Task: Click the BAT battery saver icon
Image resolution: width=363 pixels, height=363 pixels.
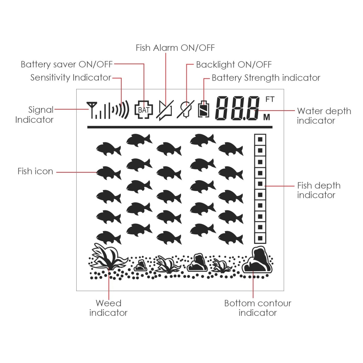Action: point(144,110)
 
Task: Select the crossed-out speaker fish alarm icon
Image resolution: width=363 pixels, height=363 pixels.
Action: point(166,110)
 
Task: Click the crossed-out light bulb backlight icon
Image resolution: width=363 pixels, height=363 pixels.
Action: point(186,110)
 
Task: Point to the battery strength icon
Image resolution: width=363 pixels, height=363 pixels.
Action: point(204,110)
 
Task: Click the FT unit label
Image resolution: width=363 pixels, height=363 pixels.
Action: point(270,99)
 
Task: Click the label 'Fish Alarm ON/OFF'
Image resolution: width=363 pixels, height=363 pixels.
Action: point(175,48)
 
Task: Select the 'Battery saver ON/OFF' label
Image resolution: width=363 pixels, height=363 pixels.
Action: point(67,65)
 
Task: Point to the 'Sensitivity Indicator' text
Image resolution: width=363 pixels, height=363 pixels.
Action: point(71,78)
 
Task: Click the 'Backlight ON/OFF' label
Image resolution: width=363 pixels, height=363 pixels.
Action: point(234,65)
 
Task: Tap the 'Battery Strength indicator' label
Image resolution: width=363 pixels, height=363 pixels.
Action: point(266,78)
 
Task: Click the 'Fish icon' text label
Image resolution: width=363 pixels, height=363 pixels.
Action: point(35,172)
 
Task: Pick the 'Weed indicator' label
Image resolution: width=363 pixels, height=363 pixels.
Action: point(108,308)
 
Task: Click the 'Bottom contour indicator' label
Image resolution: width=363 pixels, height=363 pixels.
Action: point(258,308)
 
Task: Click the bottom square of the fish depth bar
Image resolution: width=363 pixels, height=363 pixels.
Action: point(260,238)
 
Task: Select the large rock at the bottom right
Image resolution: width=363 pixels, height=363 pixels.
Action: point(258,261)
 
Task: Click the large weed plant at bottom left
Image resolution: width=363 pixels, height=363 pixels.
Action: point(107,258)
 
